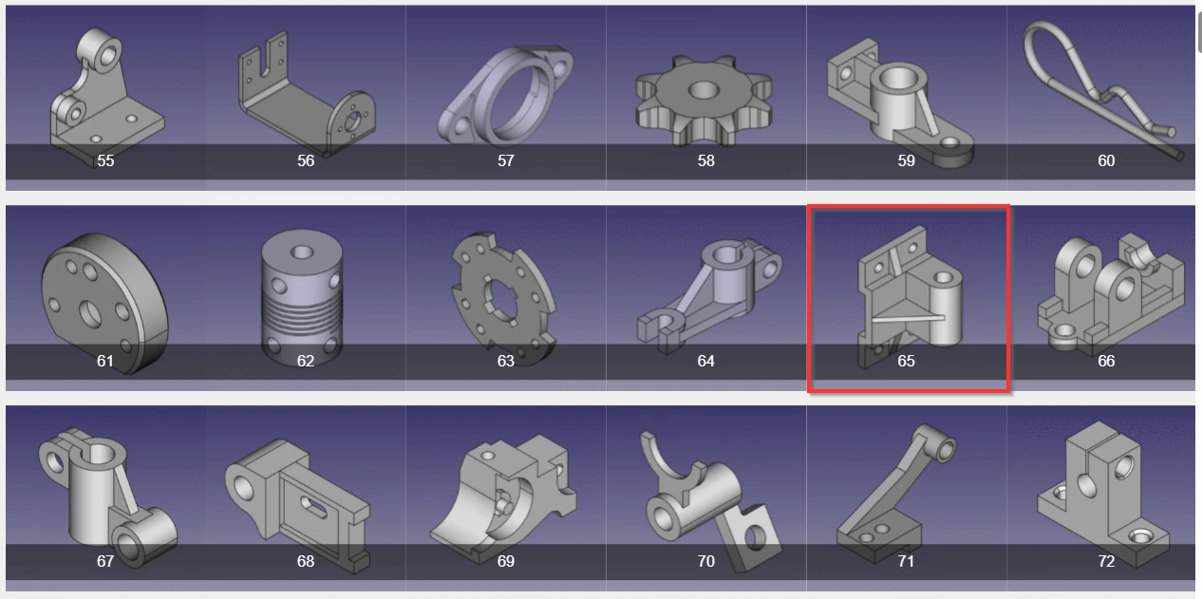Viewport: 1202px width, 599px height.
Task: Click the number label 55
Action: (105, 160)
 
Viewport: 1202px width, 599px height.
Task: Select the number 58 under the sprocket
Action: (705, 160)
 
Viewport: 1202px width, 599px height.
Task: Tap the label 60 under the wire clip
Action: (1106, 160)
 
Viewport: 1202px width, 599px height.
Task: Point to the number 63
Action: (505, 361)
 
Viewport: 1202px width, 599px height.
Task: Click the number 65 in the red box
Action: (906, 361)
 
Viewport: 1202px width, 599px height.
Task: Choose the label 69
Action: (505, 561)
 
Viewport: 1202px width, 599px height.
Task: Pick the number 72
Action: (1106, 561)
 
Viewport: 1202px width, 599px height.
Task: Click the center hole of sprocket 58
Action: (703, 89)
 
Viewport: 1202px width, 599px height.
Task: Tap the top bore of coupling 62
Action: (302, 252)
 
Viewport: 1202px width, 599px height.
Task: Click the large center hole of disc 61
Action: (90, 314)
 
